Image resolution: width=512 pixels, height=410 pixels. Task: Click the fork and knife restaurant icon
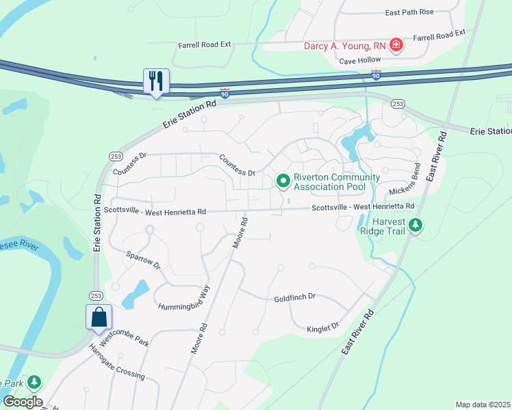pyautogui.click(x=155, y=81)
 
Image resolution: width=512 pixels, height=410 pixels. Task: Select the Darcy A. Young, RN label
pyautogui.click(x=345, y=46)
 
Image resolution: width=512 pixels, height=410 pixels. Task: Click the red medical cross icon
pyautogui.click(x=396, y=46)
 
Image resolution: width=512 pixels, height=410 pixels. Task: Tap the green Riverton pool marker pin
pyautogui.click(x=283, y=181)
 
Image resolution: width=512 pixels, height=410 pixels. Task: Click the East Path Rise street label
pyautogui.click(x=409, y=12)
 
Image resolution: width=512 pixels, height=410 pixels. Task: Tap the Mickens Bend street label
pyautogui.click(x=404, y=180)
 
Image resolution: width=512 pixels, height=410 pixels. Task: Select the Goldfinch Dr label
pyautogui.click(x=294, y=297)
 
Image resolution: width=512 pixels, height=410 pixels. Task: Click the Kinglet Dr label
pyautogui.click(x=322, y=327)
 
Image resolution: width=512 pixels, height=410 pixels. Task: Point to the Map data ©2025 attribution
pyautogui.click(x=482, y=405)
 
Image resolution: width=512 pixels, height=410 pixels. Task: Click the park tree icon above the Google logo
pyautogui.click(x=34, y=383)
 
